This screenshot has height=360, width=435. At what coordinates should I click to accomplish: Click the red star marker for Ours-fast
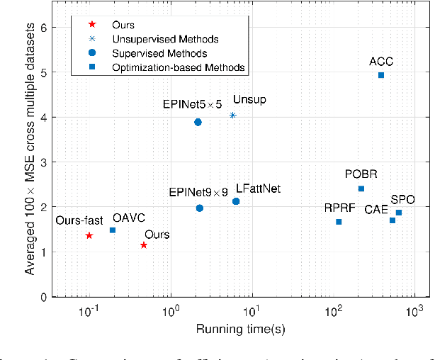click(89, 235)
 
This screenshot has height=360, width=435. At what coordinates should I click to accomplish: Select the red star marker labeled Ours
click(144, 245)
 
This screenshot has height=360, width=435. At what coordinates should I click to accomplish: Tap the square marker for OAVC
click(113, 230)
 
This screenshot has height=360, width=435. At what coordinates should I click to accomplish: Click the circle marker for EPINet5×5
click(198, 123)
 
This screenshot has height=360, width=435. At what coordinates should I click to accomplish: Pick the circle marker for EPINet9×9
click(200, 208)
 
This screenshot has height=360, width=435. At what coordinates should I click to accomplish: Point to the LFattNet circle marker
click(236, 202)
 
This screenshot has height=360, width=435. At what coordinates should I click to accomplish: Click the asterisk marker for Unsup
click(232, 116)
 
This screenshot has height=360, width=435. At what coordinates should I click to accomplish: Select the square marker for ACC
click(381, 75)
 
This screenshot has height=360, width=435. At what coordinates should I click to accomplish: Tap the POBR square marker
click(361, 189)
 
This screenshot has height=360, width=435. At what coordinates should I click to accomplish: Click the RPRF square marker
click(339, 222)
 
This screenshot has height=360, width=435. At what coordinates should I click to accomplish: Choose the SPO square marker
click(399, 213)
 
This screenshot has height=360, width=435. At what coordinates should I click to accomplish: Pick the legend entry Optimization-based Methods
click(169, 67)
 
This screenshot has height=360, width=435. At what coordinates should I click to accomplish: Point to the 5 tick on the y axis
click(44, 73)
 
